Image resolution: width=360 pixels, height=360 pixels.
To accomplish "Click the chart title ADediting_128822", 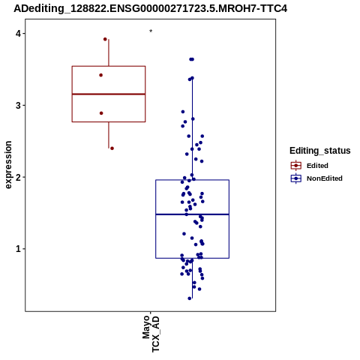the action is tap(150, 8).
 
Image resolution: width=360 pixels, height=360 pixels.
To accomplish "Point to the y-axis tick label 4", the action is tap(18, 34).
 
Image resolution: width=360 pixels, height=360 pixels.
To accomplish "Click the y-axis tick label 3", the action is tap(18, 105).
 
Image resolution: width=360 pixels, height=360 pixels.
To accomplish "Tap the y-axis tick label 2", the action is tap(18, 177).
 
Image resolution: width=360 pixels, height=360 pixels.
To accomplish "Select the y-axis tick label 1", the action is tap(18, 249).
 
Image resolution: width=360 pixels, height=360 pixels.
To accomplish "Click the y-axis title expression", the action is tap(8, 165).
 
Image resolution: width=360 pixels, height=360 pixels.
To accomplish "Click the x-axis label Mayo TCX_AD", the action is tap(151, 334).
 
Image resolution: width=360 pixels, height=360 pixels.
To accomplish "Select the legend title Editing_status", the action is tap(320, 151).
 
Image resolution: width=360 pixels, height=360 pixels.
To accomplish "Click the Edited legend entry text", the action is tap(317, 166).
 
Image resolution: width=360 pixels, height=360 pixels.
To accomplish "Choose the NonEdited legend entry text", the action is tap(325, 178).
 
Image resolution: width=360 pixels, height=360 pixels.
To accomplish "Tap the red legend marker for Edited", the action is tap(296, 166).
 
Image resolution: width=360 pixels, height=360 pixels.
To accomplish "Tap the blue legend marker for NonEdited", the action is tap(296, 178).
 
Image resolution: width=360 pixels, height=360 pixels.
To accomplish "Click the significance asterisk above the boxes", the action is tap(151, 31).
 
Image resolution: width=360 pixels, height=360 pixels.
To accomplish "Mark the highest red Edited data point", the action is tap(105, 39).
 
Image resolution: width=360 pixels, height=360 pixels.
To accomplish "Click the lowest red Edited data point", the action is tap(112, 148).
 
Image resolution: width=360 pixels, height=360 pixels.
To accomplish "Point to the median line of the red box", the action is tap(109, 94).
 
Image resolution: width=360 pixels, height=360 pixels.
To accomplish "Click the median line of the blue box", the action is tap(193, 214).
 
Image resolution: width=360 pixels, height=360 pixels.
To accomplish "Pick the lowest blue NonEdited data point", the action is tap(190, 298).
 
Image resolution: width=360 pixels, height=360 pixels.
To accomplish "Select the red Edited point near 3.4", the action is tap(101, 75).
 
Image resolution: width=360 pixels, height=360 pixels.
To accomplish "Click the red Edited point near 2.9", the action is tap(101, 113).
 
